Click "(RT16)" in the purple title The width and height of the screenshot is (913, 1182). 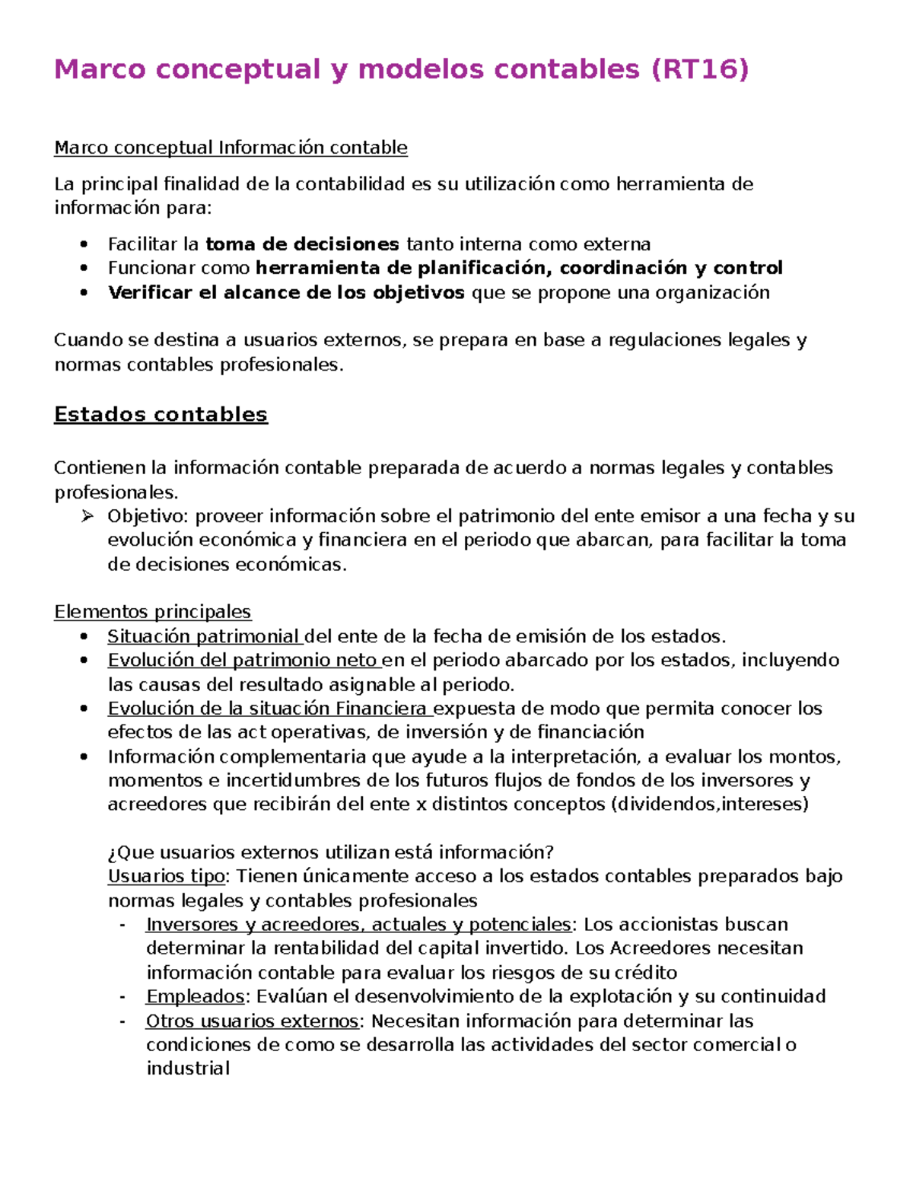[700, 69]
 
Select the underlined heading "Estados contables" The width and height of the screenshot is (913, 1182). [161, 414]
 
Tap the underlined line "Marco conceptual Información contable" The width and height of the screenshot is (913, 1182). [231, 147]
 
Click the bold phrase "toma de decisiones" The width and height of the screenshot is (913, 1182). [302, 244]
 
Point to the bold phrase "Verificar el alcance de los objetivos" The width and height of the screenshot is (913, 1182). [286, 292]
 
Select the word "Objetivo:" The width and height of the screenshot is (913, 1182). [148, 516]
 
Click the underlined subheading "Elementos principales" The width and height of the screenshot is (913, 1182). [152, 612]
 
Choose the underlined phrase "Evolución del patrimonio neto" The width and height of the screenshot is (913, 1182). [243, 660]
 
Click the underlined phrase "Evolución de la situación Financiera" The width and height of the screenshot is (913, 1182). [269, 709]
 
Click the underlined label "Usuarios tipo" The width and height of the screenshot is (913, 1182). [166, 876]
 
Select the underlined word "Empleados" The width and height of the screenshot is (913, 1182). [195, 996]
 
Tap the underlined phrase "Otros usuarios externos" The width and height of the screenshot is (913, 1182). [252, 1021]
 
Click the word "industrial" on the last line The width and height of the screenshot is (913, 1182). [188, 1069]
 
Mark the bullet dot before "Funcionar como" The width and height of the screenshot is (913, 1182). [84, 269]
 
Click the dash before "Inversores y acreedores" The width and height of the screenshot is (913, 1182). [122, 925]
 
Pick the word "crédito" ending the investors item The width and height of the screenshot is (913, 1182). [645, 973]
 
